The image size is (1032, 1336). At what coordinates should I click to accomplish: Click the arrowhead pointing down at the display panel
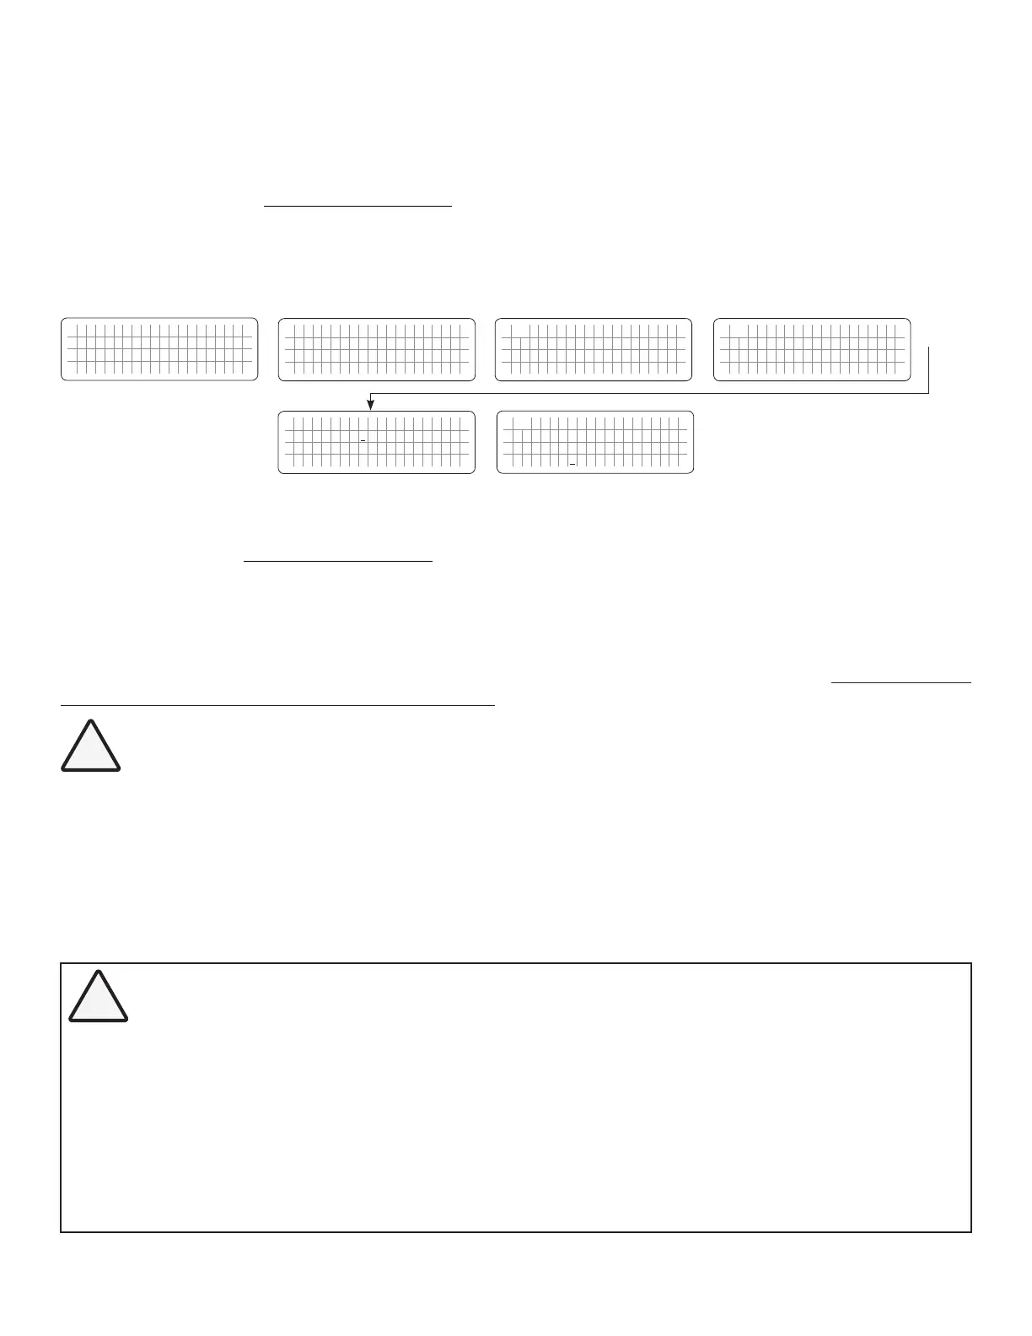click(x=370, y=406)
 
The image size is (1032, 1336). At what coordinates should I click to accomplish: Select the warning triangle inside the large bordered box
click(x=98, y=998)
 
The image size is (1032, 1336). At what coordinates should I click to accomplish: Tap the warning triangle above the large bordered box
click(x=90, y=746)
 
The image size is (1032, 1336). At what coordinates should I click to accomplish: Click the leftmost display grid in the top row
click(x=159, y=349)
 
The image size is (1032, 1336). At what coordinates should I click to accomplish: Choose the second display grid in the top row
click(x=377, y=349)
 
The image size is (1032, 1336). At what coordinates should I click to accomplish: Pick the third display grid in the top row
click(x=594, y=349)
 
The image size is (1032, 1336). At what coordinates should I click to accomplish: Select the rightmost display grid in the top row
click(x=812, y=349)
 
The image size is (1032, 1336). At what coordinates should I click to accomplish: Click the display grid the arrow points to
click(x=377, y=442)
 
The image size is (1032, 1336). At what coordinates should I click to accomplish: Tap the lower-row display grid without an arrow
click(x=595, y=442)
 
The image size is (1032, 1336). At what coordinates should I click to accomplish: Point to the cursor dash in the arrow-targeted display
click(x=363, y=441)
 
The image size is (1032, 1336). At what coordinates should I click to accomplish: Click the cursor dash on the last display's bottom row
click(x=572, y=464)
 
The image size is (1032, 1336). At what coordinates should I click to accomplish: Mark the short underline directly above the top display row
click(x=358, y=205)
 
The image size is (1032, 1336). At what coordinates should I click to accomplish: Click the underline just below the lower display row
click(x=337, y=560)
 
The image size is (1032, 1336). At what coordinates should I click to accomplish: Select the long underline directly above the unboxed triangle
click(x=277, y=704)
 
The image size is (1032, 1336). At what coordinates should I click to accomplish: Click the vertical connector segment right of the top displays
click(x=928, y=369)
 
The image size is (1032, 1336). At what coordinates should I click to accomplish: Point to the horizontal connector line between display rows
click(x=649, y=393)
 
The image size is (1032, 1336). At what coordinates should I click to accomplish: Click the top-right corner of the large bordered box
click(x=971, y=963)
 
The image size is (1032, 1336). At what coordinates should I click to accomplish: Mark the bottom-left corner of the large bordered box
click(x=62, y=1231)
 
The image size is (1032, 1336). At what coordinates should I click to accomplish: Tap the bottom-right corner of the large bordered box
click(x=971, y=1231)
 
